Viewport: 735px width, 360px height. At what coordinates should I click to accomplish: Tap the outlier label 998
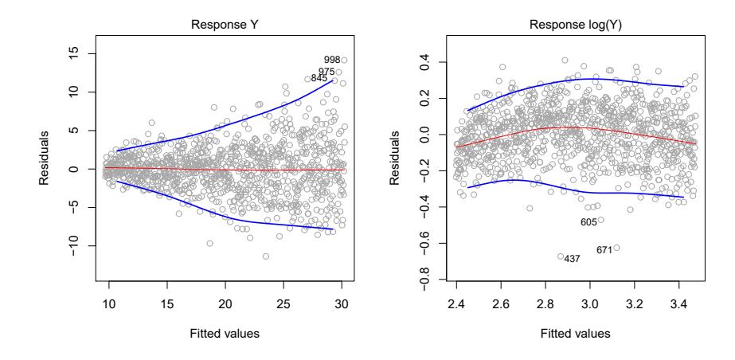pyautogui.click(x=332, y=61)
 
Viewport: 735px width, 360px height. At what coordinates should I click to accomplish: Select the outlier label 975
pyautogui.click(x=326, y=72)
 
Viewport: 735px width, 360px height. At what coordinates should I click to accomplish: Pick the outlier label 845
pyautogui.click(x=319, y=78)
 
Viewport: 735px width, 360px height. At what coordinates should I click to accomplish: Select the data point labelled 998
pyautogui.click(x=344, y=60)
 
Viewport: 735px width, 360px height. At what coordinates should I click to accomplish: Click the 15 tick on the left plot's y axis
pyautogui.click(x=70, y=54)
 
